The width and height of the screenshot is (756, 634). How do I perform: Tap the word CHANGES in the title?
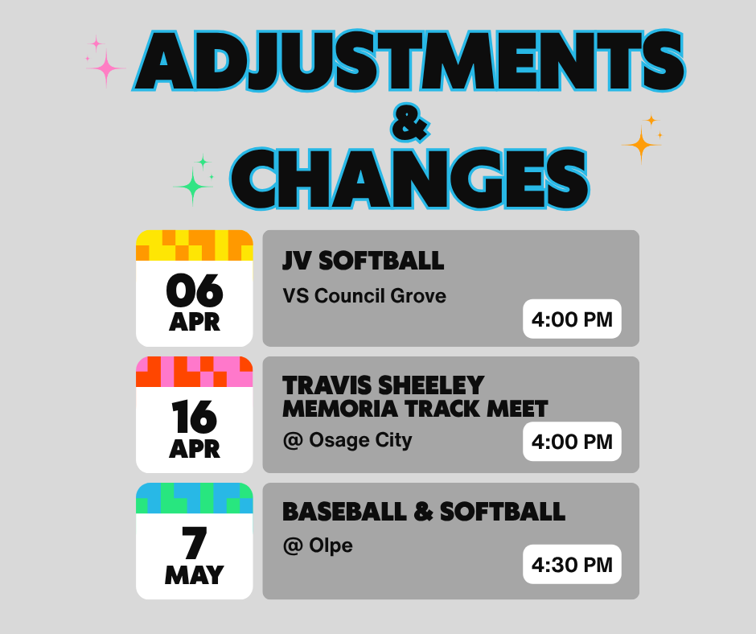[x=410, y=177]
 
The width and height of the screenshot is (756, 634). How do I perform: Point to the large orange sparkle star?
[x=642, y=145]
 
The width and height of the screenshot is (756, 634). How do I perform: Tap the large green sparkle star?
[x=193, y=187]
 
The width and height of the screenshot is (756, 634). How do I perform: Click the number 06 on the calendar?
[x=194, y=291]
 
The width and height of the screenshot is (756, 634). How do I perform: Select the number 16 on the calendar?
[x=194, y=417]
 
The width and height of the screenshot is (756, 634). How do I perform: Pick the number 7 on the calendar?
[x=194, y=543]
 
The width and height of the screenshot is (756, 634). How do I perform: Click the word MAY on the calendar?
[x=194, y=575]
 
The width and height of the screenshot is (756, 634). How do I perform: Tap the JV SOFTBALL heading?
[x=363, y=261]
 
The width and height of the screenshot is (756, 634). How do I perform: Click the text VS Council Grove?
[x=364, y=296]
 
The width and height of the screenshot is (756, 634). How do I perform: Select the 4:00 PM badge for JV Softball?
[x=572, y=319]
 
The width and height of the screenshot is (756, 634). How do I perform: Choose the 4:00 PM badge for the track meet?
[x=572, y=442]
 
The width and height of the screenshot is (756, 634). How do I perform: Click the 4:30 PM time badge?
[x=572, y=565]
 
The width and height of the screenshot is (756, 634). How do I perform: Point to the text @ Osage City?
[x=347, y=440]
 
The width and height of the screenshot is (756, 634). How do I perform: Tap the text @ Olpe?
[x=318, y=546]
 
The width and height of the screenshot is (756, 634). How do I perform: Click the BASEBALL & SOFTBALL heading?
[x=424, y=512]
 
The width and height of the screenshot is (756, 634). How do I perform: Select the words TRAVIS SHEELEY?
[x=383, y=385]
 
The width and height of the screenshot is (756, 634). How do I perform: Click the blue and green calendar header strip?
[x=194, y=498]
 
